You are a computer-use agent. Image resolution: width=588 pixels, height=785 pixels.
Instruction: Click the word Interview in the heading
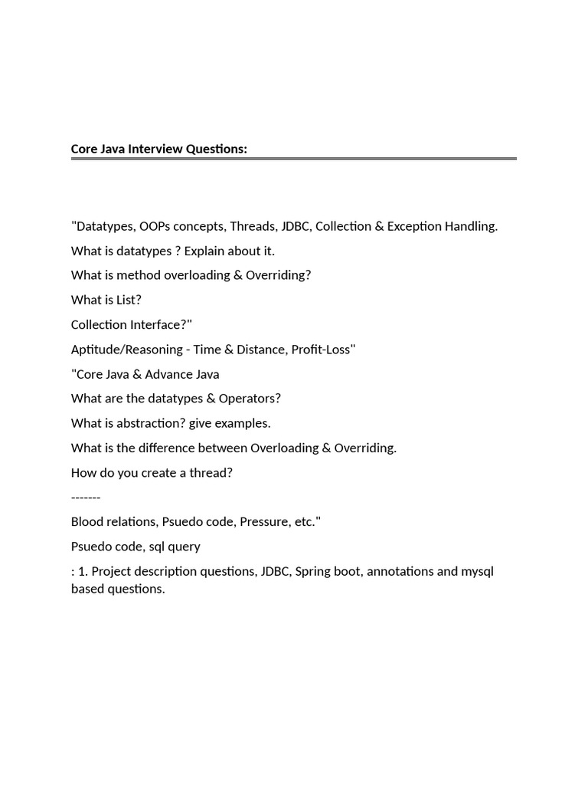[155, 149]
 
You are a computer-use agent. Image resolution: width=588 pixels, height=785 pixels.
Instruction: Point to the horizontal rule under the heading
[294, 159]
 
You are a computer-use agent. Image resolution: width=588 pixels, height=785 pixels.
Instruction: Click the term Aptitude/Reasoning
[126, 350]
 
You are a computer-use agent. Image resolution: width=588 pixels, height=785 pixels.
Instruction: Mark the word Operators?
[250, 399]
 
